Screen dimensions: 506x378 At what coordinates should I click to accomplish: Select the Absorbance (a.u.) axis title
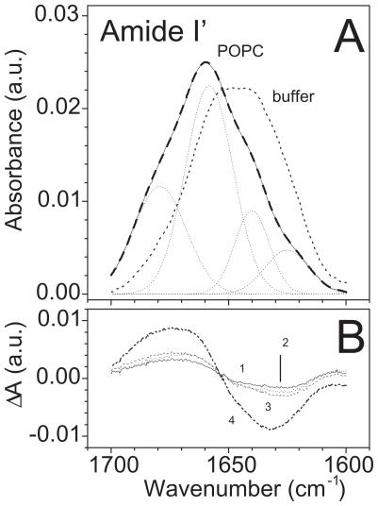tap(16, 152)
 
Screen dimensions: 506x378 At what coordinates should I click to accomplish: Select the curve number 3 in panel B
tap(266, 406)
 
